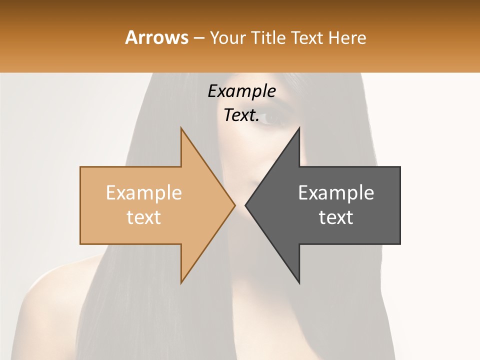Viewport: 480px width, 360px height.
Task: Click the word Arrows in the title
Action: pos(156,37)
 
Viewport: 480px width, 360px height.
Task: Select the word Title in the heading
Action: pos(270,38)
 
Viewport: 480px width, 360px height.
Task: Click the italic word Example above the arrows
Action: pos(242,91)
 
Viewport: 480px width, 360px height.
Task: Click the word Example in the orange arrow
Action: pos(144,192)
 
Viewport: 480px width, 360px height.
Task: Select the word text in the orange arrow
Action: pos(144,217)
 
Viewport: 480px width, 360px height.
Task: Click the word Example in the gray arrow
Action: pos(336,192)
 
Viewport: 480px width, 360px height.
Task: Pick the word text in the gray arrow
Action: pos(336,217)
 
